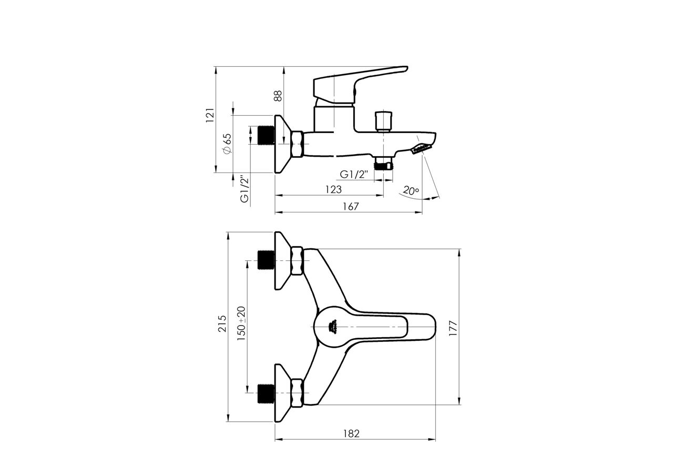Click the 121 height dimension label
(x=209, y=115)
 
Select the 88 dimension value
(x=278, y=95)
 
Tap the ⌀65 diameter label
(x=227, y=143)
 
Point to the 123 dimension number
(x=333, y=189)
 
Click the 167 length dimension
(x=350, y=207)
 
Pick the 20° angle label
(x=411, y=190)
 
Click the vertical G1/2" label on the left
(x=244, y=188)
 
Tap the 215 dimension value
(x=222, y=324)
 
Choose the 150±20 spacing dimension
(x=241, y=324)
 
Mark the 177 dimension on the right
(x=454, y=328)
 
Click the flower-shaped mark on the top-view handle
(x=332, y=327)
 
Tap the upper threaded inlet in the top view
(x=265, y=260)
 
